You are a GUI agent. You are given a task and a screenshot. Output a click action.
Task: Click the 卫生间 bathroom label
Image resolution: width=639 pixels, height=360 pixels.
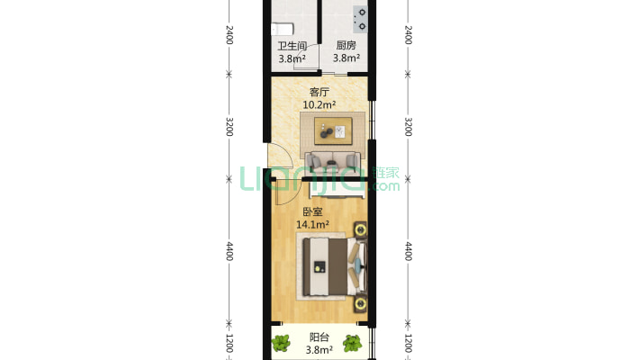(292, 46)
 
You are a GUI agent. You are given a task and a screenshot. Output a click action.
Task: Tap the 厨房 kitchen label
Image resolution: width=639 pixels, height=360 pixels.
(346, 45)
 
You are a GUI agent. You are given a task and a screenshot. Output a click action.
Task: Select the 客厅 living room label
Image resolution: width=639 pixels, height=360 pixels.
(319, 92)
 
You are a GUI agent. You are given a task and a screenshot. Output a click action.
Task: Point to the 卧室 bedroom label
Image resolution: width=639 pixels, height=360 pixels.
(312, 212)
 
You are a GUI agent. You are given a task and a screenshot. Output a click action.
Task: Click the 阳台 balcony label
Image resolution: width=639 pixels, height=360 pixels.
(319, 337)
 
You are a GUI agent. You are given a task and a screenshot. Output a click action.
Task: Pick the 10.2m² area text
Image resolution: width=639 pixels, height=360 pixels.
(319, 104)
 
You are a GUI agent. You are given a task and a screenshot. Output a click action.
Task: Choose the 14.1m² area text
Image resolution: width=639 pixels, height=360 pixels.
(312, 225)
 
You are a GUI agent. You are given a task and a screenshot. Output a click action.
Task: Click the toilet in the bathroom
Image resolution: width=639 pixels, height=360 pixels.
(283, 29)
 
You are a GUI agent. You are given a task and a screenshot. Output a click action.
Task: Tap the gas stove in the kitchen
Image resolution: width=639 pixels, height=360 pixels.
(360, 19)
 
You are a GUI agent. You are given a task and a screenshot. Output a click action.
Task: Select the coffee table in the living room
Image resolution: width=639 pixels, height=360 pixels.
(333, 130)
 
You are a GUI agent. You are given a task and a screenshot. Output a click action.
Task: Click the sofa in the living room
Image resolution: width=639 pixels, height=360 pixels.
(332, 160)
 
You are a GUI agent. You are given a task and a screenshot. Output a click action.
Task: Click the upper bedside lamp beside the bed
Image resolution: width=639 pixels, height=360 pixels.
(360, 230)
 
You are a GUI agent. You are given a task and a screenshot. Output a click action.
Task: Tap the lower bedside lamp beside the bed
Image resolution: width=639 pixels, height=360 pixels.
(360, 303)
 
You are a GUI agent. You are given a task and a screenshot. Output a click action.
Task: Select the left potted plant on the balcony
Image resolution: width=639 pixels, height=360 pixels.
(281, 343)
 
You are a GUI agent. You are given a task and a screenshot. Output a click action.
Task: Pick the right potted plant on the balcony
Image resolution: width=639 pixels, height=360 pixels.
(352, 343)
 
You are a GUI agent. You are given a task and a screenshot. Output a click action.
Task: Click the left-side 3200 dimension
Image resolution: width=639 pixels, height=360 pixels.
(229, 127)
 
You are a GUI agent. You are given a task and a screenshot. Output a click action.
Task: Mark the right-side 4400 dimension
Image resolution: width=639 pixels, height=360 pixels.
(409, 251)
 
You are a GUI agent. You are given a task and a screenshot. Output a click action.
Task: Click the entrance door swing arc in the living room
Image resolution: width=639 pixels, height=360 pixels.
(287, 155)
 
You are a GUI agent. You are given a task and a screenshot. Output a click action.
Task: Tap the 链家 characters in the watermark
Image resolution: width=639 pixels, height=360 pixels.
(386, 173)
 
